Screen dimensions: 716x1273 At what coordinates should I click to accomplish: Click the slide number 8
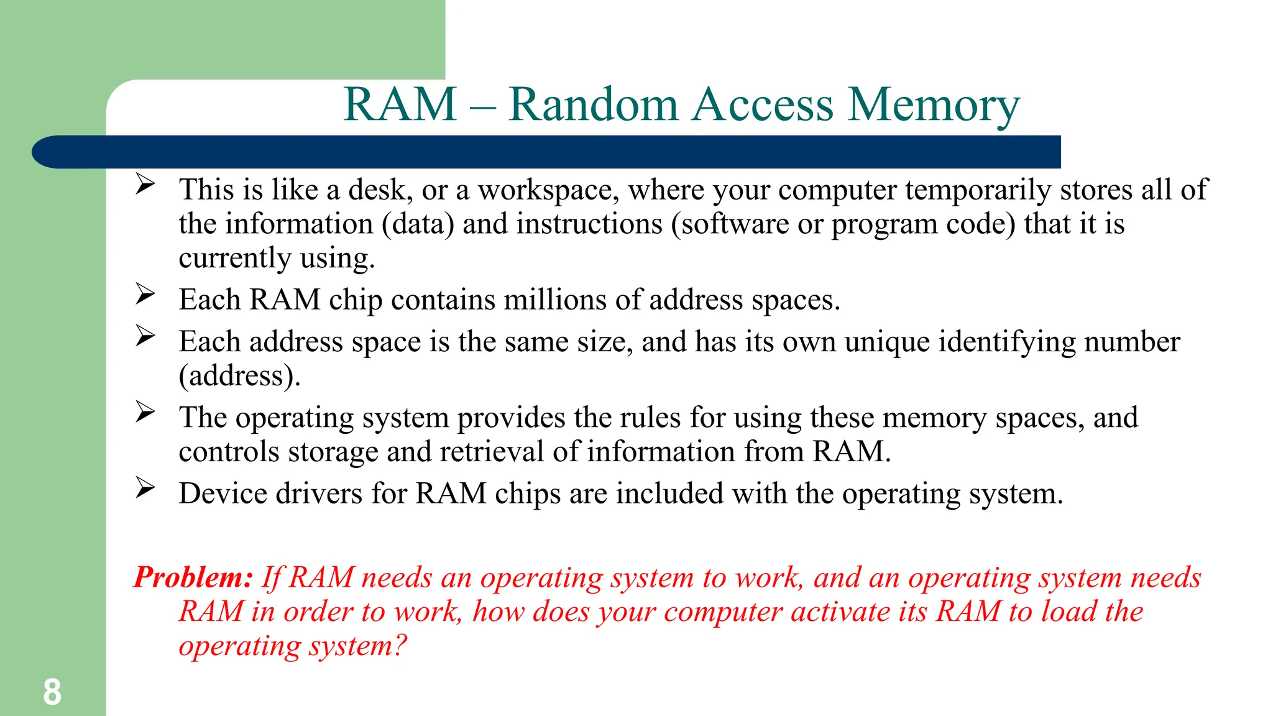52,692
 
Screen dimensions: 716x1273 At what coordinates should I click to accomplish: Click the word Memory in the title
934,104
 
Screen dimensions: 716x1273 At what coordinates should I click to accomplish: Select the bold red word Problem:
193,577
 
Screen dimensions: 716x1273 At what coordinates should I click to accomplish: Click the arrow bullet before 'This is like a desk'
145,184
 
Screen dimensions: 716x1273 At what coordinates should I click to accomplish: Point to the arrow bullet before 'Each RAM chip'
145,294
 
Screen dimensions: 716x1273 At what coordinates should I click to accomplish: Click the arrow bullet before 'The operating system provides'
145,412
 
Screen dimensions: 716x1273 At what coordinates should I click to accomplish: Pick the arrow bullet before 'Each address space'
145,336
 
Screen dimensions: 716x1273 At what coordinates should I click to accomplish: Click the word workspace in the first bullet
548,190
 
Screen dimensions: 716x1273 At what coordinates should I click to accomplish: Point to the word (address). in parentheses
239,376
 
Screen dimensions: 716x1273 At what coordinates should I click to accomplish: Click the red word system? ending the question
358,646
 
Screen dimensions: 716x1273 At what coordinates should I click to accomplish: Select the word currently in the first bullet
235,259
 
